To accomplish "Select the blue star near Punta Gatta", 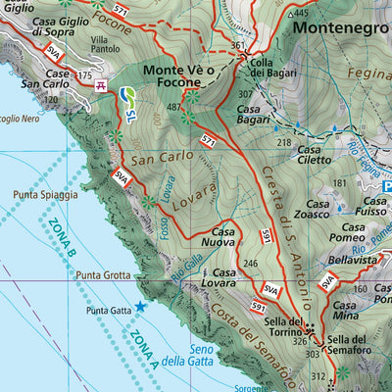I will click(139, 307).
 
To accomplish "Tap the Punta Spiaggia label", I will click(45, 195).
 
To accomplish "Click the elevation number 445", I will click(300, 13).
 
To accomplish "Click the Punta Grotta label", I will click(102, 276).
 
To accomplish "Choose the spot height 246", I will click(250, 263).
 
